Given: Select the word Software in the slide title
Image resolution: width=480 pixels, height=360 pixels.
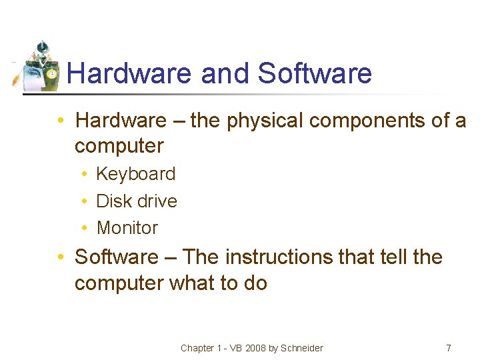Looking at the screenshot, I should coord(314,73).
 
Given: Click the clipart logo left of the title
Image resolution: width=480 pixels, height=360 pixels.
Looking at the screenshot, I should coord(39,67).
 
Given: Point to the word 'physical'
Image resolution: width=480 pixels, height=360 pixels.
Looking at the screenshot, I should coord(256,121).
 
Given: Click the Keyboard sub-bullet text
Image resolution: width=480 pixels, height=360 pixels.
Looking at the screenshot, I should coord(136,174).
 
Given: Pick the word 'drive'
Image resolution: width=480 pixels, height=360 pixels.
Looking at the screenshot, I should coord(157,201).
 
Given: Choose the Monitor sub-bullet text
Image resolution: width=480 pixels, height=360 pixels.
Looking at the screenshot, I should coord(127,228).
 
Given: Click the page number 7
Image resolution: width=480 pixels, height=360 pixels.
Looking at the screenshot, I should coord(448,348).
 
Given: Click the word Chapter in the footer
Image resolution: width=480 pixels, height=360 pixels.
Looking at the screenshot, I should coord(197,348).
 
